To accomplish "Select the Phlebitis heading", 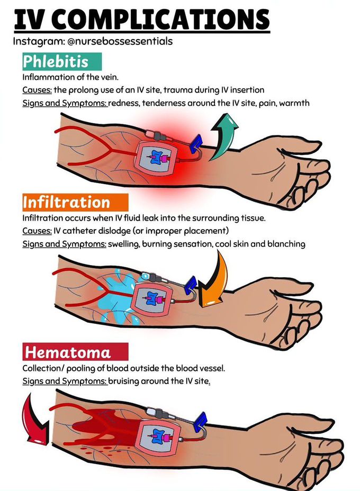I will click(x=55, y=61).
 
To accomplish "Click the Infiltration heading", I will click(x=67, y=202).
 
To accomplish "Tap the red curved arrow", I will click(x=35, y=423).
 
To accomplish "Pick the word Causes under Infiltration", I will click(x=37, y=231).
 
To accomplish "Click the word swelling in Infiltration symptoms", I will click(x=125, y=244).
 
